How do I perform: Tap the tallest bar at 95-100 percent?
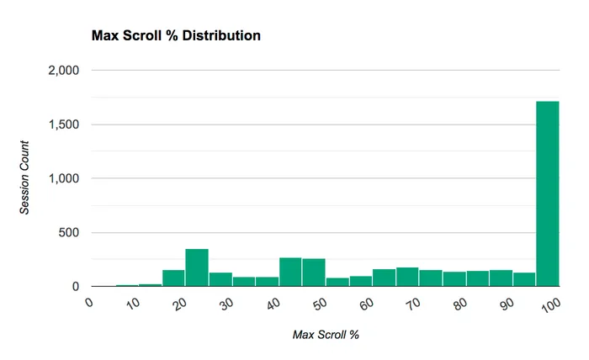click(x=548, y=194)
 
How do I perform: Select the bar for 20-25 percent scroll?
click(x=197, y=267)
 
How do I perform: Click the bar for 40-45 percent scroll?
click(x=290, y=272)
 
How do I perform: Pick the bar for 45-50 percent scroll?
click(x=314, y=273)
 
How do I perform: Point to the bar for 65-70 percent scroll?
click(x=407, y=277)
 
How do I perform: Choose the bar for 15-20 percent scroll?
click(x=173, y=278)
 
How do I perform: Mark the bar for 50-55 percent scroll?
click(x=337, y=282)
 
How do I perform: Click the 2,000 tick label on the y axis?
click(x=63, y=71)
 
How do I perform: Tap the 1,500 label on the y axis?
click(x=63, y=124)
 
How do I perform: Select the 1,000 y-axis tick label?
click(x=63, y=178)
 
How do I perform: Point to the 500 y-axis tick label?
click(x=68, y=232)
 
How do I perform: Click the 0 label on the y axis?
click(x=75, y=286)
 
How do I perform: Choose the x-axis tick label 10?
click(x=133, y=305)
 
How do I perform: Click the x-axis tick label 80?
click(x=459, y=305)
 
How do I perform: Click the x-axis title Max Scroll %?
click(x=326, y=335)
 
